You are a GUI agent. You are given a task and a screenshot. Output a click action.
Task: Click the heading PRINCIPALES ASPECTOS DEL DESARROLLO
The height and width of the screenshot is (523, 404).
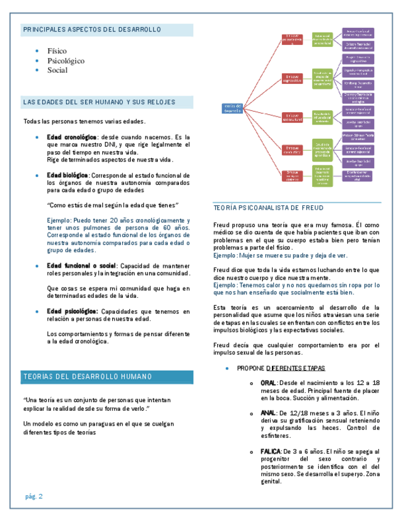[x=92, y=30]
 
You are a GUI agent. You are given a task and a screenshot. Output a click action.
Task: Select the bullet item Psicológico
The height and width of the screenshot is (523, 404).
[x=66, y=61]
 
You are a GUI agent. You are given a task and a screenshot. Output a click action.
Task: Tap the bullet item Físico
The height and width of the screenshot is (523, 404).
[x=57, y=51]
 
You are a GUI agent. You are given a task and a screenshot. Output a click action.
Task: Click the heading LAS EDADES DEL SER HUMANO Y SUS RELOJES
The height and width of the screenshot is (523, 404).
[x=99, y=102]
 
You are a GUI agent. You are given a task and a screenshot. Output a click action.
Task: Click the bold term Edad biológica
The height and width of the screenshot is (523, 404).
[x=68, y=175]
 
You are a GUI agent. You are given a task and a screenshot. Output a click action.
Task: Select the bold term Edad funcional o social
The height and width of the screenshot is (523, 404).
[x=81, y=265]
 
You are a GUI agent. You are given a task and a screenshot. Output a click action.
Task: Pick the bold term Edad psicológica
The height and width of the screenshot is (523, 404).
[x=72, y=311]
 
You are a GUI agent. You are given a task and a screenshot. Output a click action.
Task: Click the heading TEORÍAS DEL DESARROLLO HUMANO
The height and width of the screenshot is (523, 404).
[x=88, y=377]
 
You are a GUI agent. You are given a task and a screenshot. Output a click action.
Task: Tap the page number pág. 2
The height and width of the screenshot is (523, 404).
[x=34, y=496]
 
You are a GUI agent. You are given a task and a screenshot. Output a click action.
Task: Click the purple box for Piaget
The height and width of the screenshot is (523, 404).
[x=358, y=59]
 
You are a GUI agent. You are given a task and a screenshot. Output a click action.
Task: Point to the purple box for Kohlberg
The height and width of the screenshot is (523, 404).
[x=358, y=83]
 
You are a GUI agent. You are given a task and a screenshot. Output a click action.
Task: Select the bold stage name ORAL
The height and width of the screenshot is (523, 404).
[x=268, y=383]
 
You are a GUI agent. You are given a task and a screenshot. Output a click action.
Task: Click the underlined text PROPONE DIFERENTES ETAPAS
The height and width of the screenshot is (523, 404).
[x=281, y=368]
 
